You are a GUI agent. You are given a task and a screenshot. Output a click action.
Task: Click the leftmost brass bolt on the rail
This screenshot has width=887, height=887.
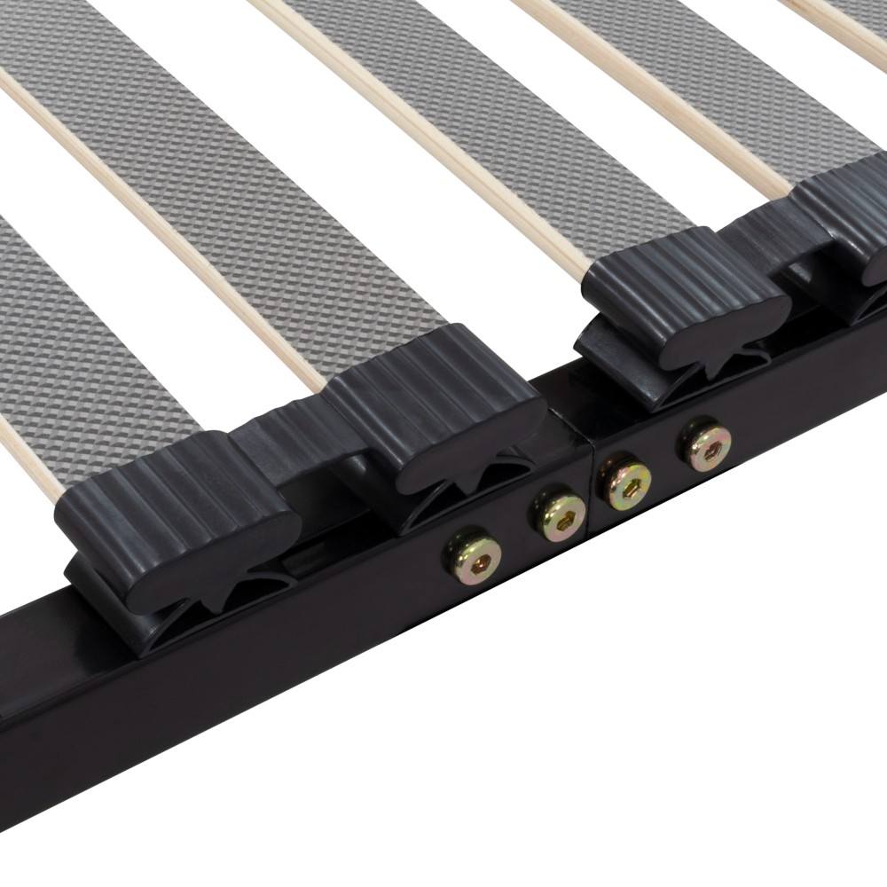(x=473, y=554)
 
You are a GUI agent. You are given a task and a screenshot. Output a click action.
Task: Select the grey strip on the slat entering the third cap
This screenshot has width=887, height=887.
(x=497, y=133)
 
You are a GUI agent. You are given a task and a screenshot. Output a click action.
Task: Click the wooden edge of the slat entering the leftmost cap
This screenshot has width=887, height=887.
(x=27, y=461)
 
